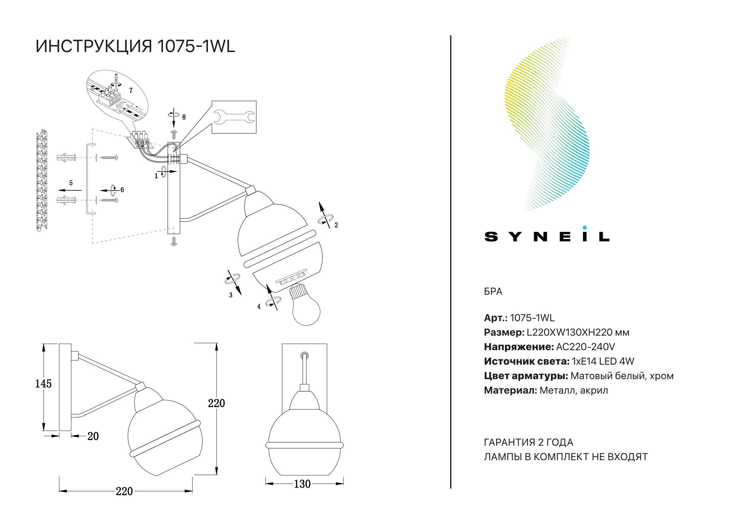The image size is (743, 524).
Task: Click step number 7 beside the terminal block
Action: [x=131, y=91]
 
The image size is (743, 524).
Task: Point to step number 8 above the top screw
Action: [x=184, y=117]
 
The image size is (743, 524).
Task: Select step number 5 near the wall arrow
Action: [x=71, y=183]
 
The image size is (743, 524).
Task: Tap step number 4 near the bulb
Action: [x=259, y=306]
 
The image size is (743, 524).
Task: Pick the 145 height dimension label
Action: [x=43, y=384]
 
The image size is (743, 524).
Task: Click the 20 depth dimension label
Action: [x=93, y=436]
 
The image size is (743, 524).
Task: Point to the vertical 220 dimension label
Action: [x=217, y=403]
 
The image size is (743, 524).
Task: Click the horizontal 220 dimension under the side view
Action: [x=125, y=491]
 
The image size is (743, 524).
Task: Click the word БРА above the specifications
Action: [x=493, y=291]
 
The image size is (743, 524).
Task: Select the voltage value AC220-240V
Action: [x=585, y=347]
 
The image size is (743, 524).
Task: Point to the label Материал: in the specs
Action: [x=510, y=390]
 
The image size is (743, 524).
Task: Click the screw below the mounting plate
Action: [x=174, y=242]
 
